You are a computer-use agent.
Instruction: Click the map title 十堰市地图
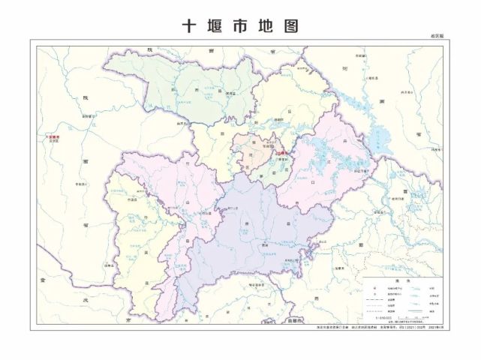click(x=240, y=26)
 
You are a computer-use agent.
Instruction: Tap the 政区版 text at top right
click(x=437, y=36)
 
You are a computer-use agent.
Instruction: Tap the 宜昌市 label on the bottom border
click(x=298, y=322)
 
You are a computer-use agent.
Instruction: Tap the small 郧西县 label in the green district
click(x=201, y=93)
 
